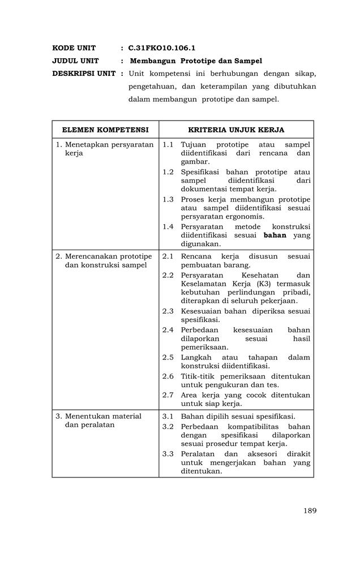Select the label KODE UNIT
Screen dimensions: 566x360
[74, 48]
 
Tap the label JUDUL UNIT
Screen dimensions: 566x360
[75, 61]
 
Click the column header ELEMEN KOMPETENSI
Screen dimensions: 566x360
[105, 130]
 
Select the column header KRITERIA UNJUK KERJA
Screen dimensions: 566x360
[236, 130]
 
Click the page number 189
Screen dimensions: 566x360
[310, 511]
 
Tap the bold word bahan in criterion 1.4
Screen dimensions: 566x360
[275, 235]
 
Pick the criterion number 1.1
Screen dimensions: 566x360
[168, 145]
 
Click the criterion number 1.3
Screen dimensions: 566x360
[168, 199]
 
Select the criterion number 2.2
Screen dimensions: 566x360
[168, 275]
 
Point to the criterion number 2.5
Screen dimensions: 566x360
[168, 357]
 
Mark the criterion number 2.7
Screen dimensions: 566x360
[168, 395]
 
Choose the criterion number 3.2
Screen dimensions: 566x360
[168, 426]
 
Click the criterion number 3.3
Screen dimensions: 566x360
[168, 453]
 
